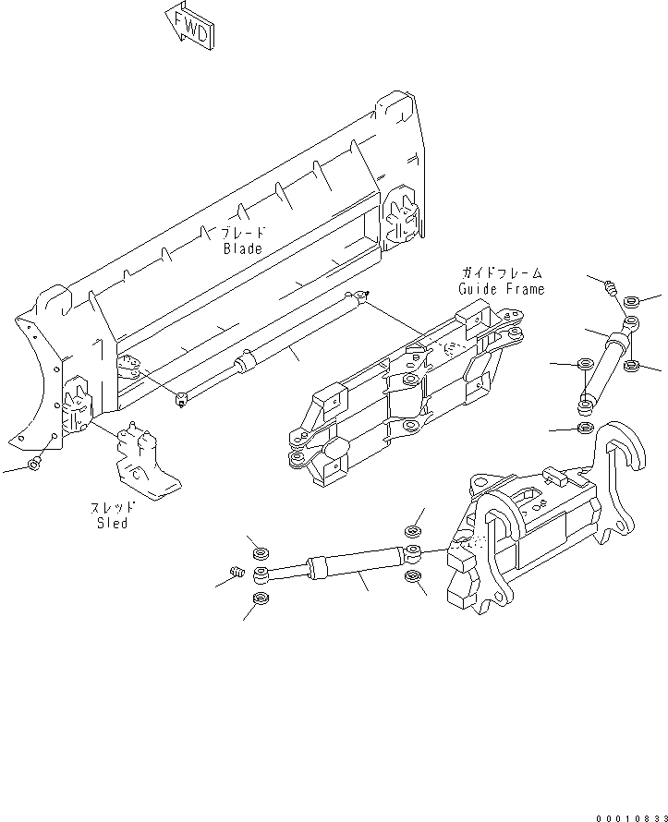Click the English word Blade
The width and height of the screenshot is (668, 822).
(242, 248)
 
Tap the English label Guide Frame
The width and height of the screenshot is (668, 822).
(502, 288)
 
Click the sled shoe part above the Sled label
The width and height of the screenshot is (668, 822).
(143, 459)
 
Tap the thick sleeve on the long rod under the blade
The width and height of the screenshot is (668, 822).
(246, 363)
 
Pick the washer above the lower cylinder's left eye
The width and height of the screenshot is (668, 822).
(260, 552)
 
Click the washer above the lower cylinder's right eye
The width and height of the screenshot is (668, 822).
(413, 531)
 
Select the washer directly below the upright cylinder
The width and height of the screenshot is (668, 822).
(584, 429)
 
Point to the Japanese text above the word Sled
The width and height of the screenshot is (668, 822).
(112, 507)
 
